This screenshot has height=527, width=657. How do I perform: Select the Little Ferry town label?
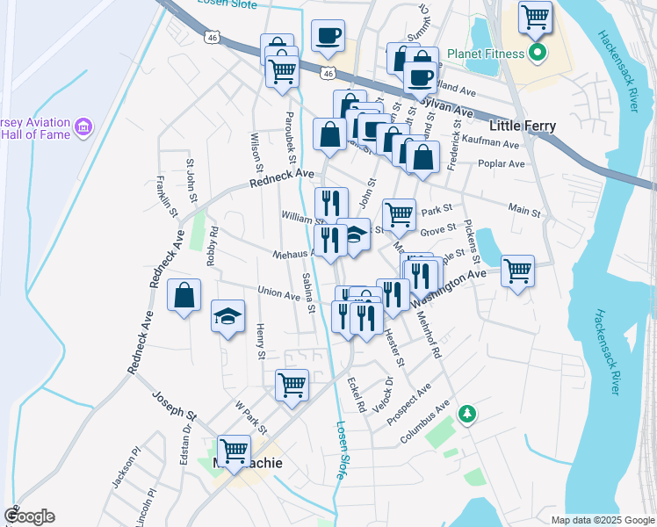(x=523, y=126)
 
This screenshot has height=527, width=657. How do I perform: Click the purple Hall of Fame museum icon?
(x=83, y=128)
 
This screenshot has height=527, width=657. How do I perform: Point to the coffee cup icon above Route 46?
(x=328, y=35)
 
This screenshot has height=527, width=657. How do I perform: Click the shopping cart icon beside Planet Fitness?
(x=535, y=16)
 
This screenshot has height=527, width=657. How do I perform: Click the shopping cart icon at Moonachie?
(x=234, y=450)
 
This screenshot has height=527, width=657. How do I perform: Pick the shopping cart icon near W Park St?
(x=292, y=383)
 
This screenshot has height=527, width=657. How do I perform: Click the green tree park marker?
(x=468, y=412)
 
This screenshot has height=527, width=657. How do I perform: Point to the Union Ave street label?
(x=279, y=292)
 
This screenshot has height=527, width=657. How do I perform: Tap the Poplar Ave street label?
(x=502, y=163)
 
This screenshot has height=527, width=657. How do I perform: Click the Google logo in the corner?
(x=29, y=517)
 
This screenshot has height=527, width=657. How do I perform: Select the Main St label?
(x=523, y=208)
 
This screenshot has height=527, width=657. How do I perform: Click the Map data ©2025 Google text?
(x=602, y=520)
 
